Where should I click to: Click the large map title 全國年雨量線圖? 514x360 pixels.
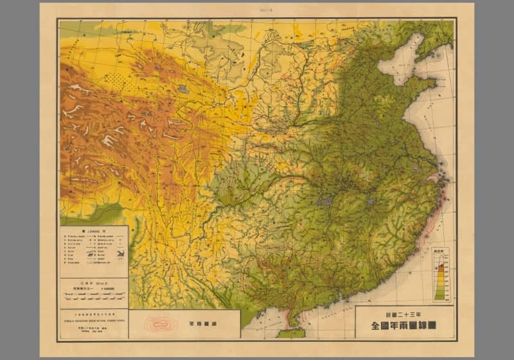point(403,326)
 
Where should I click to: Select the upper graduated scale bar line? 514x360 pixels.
point(94,293)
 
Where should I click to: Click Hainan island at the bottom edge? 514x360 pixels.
point(291,333)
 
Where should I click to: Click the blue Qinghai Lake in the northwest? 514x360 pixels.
point(184,89)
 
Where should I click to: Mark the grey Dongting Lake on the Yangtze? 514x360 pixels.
point(325,201)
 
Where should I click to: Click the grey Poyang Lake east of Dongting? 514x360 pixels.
point(370,202)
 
